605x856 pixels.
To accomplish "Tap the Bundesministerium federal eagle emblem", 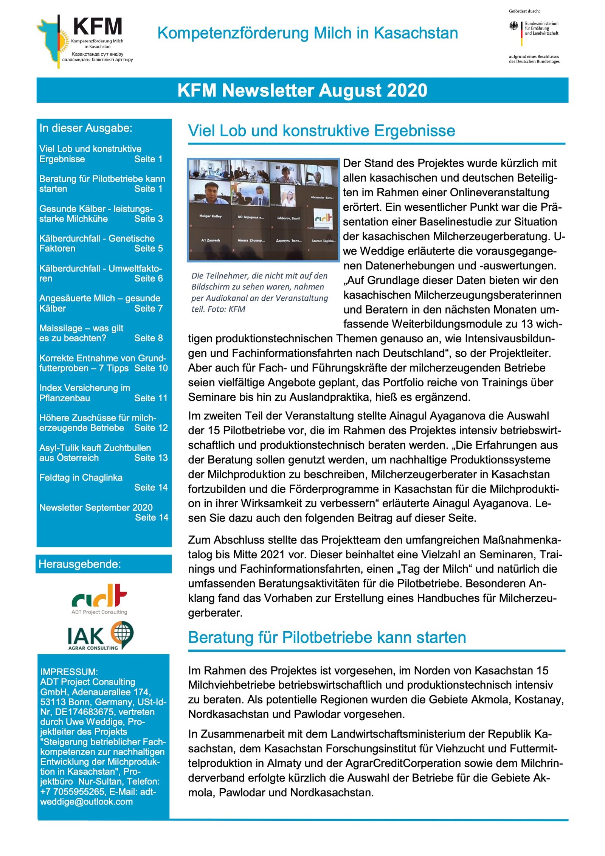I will (x=513, y=26).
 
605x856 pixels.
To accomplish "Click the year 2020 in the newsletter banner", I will (x=407, y=90).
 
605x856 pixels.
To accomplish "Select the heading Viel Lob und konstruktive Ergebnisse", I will (x=321, y=131).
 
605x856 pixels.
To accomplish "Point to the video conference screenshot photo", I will (x=264, y=210).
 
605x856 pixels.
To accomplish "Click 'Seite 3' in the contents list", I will (x=148, y=219).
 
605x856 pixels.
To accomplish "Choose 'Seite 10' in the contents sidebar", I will (x=151, y=368).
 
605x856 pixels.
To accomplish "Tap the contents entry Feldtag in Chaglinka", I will (x=81, y=477).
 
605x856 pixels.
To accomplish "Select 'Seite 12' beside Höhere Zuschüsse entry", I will (x=151, y=428).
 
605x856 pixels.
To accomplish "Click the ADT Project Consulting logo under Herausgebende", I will (x=99, y=599).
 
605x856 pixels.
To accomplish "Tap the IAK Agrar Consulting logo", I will (x=100, y=636).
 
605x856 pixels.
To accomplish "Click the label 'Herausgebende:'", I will (x=80, y=564).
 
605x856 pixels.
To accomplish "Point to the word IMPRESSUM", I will (x=69, y=672).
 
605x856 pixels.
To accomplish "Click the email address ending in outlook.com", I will (x=87, y=802).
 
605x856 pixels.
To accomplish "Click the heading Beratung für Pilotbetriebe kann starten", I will (x=327, y=637).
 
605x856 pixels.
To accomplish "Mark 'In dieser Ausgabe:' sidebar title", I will (x=86, y=128).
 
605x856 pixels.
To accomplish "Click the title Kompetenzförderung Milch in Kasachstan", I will (x=307, y=33).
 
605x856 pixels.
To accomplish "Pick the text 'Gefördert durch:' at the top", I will (x=524, y=11).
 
